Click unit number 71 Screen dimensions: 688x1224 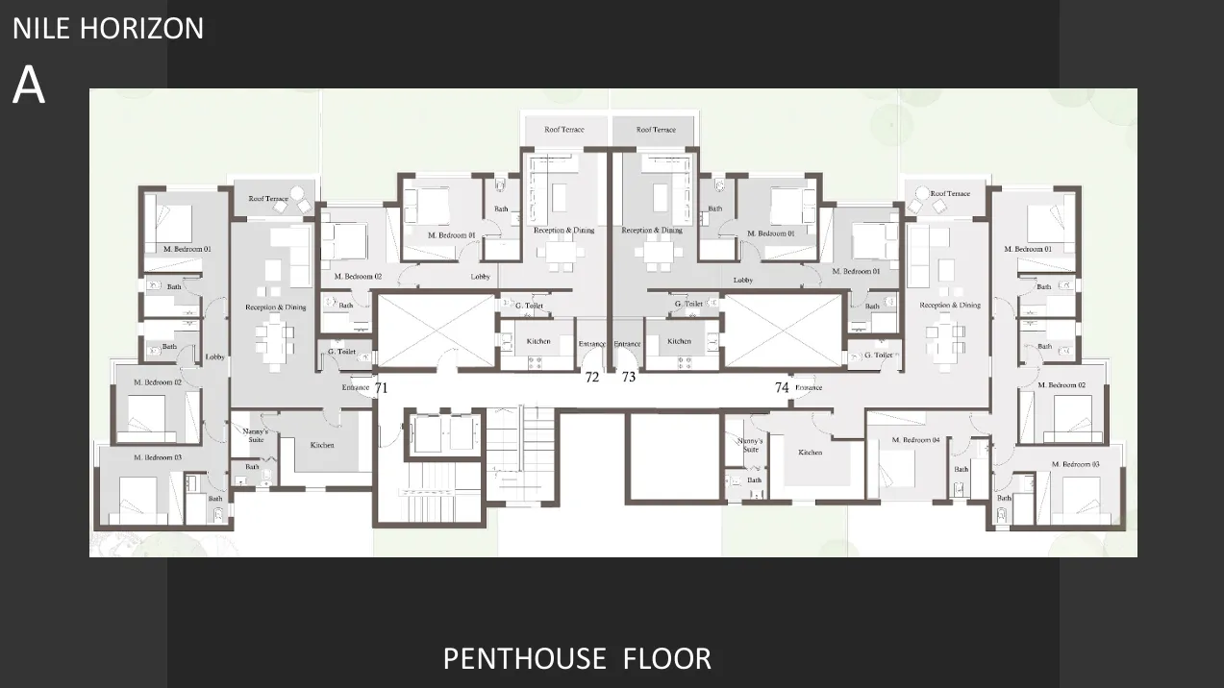pyautogui.click(x=381, y=388)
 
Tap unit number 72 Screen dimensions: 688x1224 pyautogui.click(x=592, y=378)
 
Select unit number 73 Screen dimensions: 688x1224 pyautogui.click(x=628, y=378)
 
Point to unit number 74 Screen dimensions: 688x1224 pyautogui.click(x=782, y=387)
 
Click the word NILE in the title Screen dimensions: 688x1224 pyautogui.click(x=42, y=29)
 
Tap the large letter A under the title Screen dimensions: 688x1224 pyautogui.click(x=29, y=86)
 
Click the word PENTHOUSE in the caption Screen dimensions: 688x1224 pyautogui.click(x=525, y=659)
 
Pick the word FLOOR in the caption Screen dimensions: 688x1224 pyautogui.click(x=667, y=659)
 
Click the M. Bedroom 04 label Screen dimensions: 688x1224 pyautogui.click(x=914, y=440)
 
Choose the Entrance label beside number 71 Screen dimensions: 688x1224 pyautogui.click(x=356, y=388)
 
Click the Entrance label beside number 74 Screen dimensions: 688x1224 pyautogui.click(x=809, y=388)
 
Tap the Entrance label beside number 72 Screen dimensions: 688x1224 pyautogui.click(x=591, y=344)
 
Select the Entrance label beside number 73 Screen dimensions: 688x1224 pyautogui.click(x=627, y=344)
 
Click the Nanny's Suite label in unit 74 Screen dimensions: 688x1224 pyautogui.click(x=750, y=444)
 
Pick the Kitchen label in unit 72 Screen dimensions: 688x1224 pyautogui.click(x=538, y=341)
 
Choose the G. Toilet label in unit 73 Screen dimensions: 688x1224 pyautogui.click(x=688, y=305)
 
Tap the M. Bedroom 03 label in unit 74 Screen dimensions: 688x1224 pyautogui.click(x=1075, y=464)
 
